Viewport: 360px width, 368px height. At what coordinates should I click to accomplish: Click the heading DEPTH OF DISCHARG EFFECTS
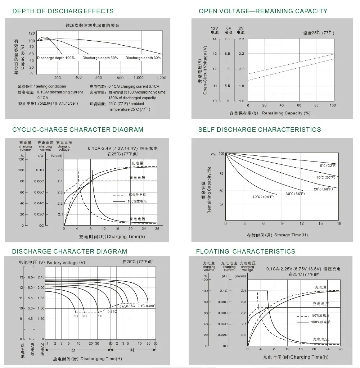click(x=63, y=11)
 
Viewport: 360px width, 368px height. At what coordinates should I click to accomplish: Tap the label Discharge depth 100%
click(x=56, y=58)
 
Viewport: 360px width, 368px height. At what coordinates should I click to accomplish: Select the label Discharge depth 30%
click(x=143, y=58)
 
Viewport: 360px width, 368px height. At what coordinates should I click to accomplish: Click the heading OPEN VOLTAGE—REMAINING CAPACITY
click(x=263, y=11)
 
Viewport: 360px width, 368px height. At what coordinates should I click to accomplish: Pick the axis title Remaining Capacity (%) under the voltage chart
click(x=286, y=113)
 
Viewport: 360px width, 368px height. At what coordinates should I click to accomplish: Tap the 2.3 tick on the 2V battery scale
click(x=241, y=39)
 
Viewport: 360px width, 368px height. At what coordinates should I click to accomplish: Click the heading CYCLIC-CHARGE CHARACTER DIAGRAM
click(x=78, y=130)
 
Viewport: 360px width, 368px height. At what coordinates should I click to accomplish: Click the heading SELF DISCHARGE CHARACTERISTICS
click(x=260, y=130)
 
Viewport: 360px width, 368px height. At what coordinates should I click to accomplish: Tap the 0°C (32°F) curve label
click(x=328, y=165)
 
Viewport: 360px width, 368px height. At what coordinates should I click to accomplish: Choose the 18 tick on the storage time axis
click(x=339, y=224)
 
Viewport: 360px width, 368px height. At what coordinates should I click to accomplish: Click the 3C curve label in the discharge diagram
click(x=76, y=316)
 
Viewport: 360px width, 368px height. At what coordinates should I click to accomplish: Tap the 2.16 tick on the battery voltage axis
click(x=41, y=278)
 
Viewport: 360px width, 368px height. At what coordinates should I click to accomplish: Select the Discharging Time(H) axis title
click(x=101, y=359)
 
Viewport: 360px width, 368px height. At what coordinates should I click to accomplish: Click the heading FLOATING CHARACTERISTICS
click(x=246, y=251)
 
